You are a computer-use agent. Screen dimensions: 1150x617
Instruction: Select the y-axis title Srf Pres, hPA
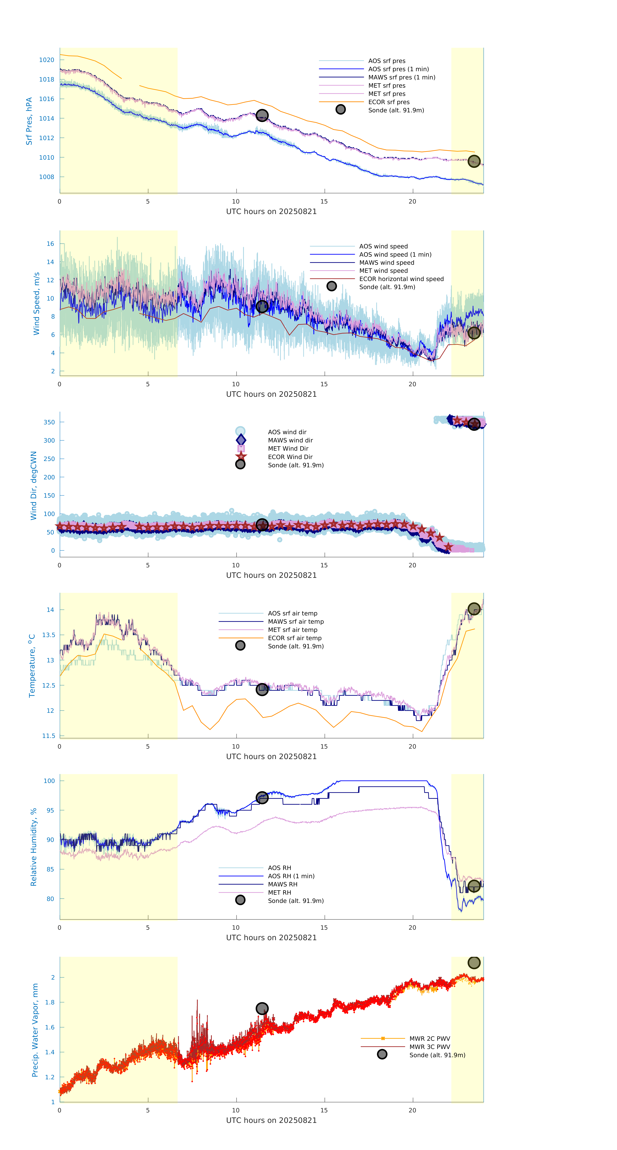(x=29, y=121)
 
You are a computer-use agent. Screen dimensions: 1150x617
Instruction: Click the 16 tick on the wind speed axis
(x=50, y=244)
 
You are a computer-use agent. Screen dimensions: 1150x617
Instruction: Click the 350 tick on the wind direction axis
(x=49, y=422)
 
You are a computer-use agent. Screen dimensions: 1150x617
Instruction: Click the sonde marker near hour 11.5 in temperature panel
(x=262, y=689)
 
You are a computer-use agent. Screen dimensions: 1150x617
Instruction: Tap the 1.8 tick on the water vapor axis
(x=50, y=1002)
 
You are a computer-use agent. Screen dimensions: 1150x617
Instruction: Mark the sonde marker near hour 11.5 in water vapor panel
(x=262, y=1008)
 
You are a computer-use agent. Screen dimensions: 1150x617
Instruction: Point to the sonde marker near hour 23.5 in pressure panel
(x=474, y=161)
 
